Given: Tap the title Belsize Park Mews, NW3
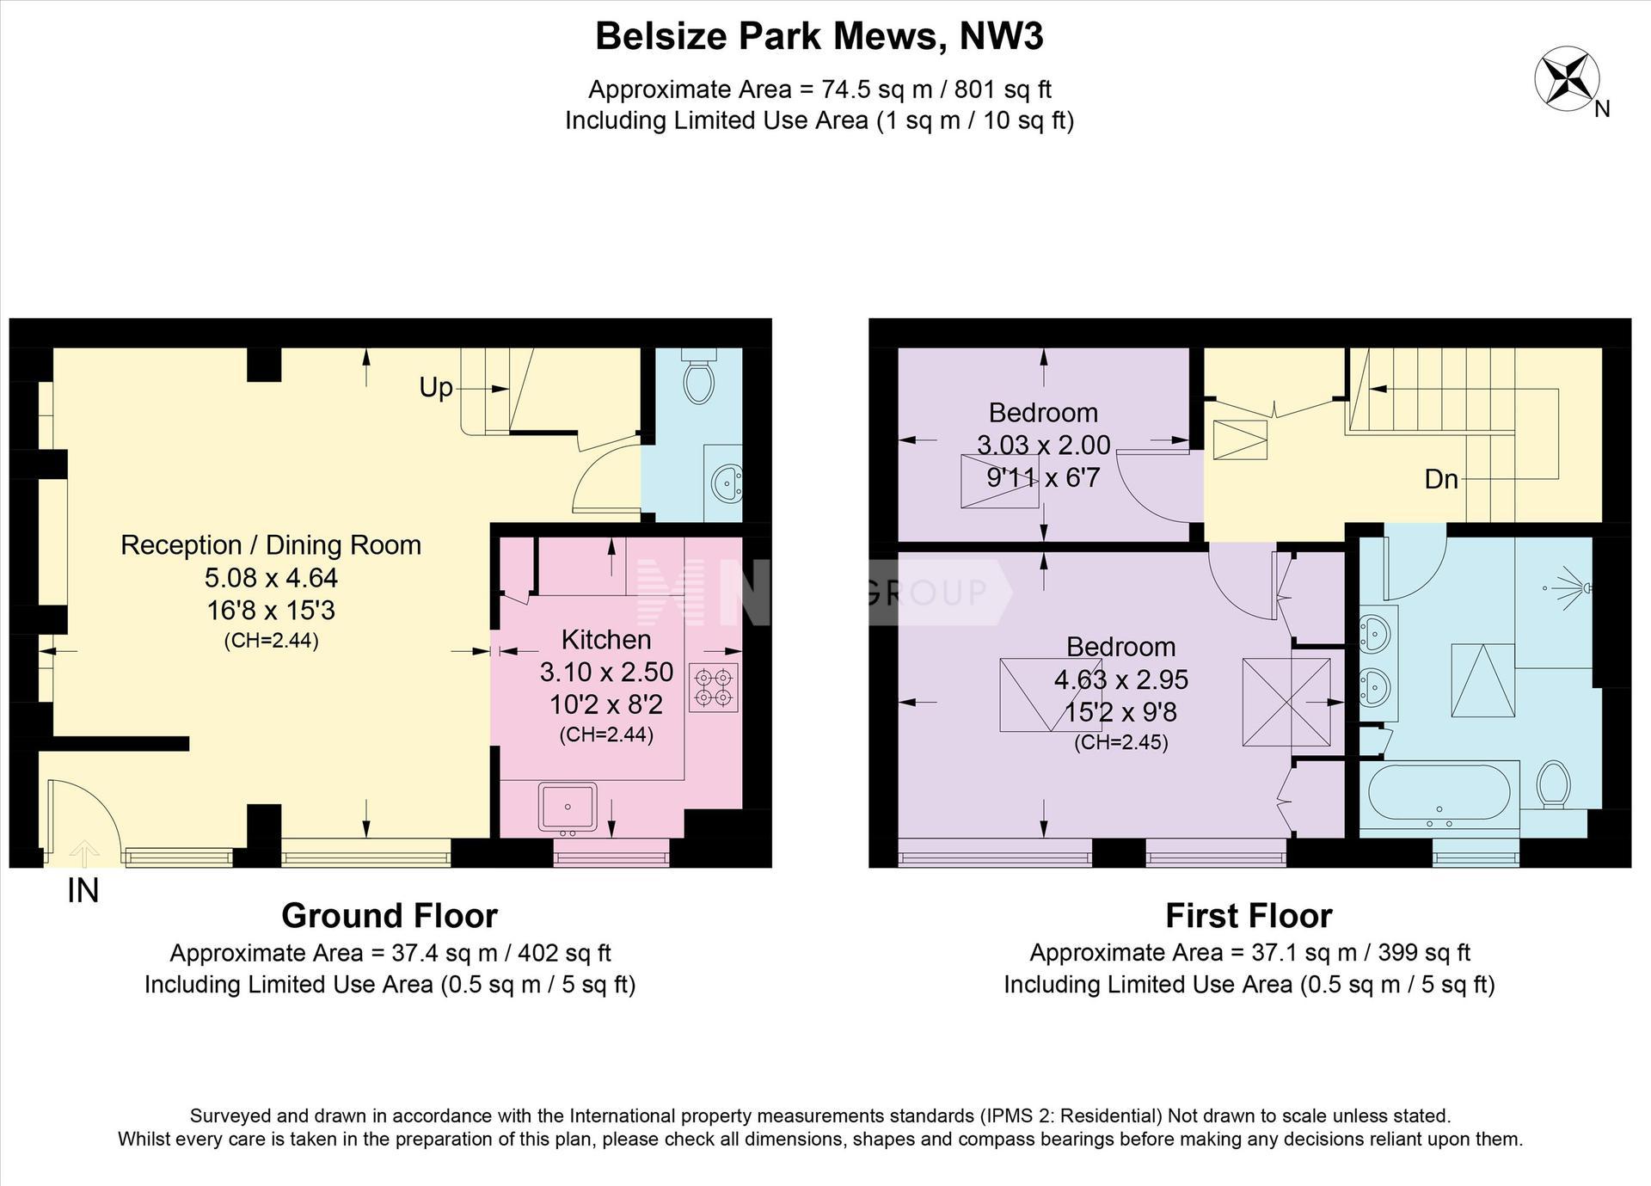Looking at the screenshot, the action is coord(819,37).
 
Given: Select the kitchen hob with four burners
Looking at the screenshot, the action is coord(713,686).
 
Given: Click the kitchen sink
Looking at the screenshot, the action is coord(568,807).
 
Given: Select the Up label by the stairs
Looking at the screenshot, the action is coord(436,389).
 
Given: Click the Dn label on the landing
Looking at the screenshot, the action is coord(1441,478).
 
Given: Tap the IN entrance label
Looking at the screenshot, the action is coord(83,890).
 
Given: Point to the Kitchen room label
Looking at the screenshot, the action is coord(606,639).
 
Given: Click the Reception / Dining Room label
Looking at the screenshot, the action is coord(271,544).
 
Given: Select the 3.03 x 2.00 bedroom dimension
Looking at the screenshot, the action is coord(1043,445).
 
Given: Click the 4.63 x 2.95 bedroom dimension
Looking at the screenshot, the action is coord(1121,679).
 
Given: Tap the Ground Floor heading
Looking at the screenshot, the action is coord(390,916).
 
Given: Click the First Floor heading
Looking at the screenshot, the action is coord(1249,916).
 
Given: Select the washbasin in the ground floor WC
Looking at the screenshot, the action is coord(727,482).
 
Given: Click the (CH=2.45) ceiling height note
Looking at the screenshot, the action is coord(1121,742).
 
